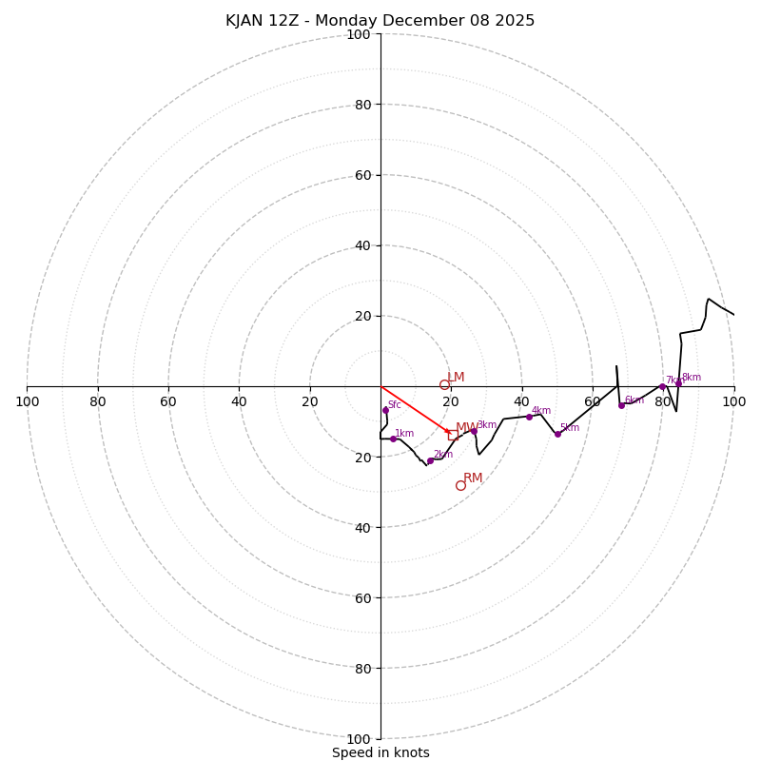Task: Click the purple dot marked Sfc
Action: pos(385,410)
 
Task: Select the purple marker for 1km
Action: pos(393,439)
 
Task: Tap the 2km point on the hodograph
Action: pos(430,460)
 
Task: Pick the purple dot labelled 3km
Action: pos(474,431)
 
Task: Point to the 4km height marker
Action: pos(530,417)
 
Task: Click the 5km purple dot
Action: pos(557,434)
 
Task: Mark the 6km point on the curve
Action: pos(621,405)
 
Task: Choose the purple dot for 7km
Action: pos(663,386)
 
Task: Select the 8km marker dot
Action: pos(678,383)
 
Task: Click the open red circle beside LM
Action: pos(444,385)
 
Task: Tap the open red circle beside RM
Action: pos(460,485)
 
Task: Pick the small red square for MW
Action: pos(453,436)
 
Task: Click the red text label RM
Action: pos(473,478)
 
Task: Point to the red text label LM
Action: pos(456,378)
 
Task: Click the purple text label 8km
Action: pos(692,378)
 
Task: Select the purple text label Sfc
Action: pos(395,405)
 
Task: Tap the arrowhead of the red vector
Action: pos(448,432)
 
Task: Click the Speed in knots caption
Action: pos(380,753)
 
